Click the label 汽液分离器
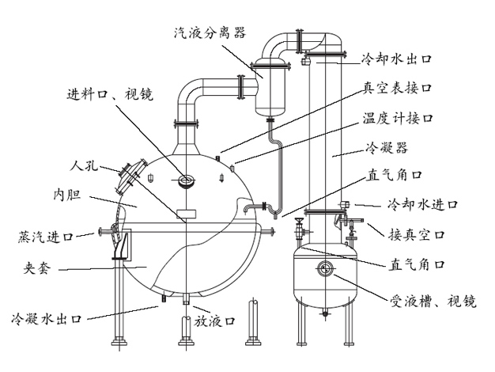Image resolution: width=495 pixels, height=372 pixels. (210, 32)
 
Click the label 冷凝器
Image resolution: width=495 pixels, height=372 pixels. (383, 147)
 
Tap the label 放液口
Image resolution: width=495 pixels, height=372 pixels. (213, 321)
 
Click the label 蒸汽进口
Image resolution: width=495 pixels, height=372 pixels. (46, 236)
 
